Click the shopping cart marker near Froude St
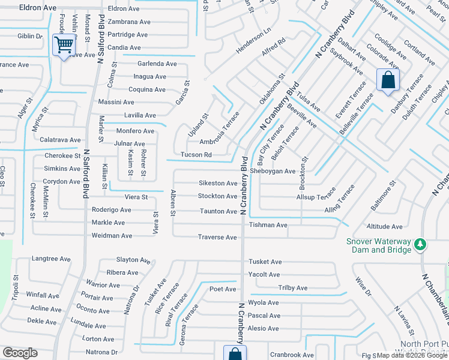64,44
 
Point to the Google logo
20,353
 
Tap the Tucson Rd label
196,155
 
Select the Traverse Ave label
217,237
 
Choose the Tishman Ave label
268,225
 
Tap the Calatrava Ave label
60,140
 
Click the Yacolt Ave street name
264,274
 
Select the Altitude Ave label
384,226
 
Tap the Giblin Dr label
30,36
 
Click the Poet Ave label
223,289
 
